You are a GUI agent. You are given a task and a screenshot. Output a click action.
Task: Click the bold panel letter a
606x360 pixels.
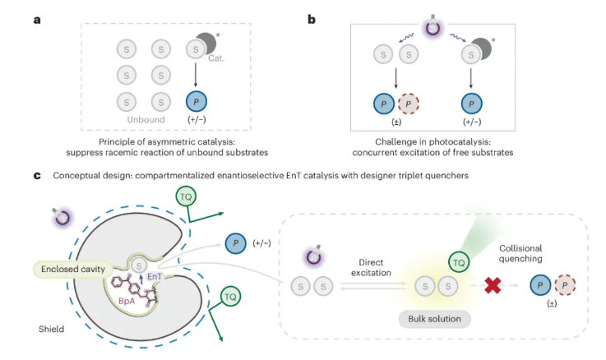pyautogui.click(x=37, y=14)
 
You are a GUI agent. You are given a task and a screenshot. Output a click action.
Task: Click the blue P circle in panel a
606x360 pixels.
pyautogui.click(x=197, y=102)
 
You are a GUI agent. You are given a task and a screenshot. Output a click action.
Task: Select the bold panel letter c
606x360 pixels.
pyautogui.click(x=36, y=175)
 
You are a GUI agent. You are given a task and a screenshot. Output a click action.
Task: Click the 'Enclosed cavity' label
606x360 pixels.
pyautogui.click(x=70, y=268)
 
